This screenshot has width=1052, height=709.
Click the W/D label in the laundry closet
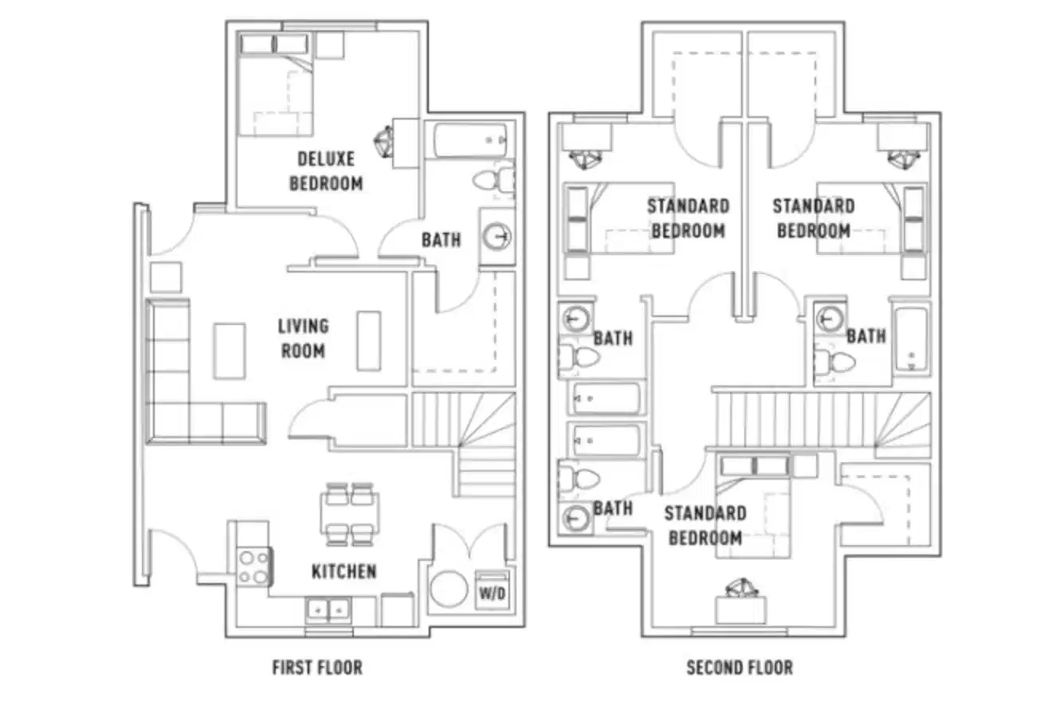coord(492,593)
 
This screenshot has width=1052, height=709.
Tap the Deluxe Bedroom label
coord(326,171)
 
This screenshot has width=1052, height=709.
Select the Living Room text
coord(303,338)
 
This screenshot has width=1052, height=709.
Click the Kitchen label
coord(343,571)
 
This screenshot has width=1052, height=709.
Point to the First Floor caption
coord(317,667)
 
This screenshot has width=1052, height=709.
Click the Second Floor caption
coord(740,667)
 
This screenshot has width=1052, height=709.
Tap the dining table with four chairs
coord(350,515)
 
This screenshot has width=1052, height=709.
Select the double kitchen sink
coord(328,611)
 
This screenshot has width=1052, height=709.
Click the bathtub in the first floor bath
coord(471,142)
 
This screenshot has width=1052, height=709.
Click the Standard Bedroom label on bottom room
coord(706,525)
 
